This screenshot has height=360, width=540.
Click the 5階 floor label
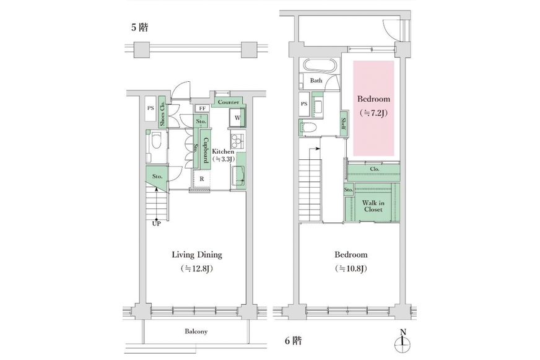[139, 27]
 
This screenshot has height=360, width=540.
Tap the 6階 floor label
[294, 341]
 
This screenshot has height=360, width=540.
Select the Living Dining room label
[197, 255]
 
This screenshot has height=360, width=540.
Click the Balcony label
[196, 331]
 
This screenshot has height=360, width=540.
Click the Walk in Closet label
[373, 206]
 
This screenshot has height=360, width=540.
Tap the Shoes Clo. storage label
[162, 113]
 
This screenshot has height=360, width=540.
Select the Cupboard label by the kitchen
[206, 150]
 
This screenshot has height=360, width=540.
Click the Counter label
[229, 102]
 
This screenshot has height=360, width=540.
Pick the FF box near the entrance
[202, 108]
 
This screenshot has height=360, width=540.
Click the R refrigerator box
[201, 179]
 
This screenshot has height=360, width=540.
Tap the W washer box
[237, 118]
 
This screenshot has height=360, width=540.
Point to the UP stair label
[156, 224]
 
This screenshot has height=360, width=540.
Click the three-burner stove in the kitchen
[237, 141]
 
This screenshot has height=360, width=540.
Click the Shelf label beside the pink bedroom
[343, 125]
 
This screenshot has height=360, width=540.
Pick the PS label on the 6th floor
[303, 103]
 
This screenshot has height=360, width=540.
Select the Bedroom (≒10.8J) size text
[351, 269]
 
